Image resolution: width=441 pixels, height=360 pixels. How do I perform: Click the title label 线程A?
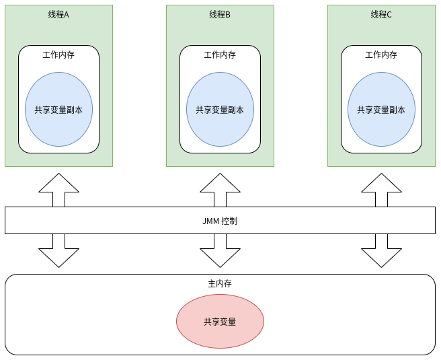[x=58, y=14]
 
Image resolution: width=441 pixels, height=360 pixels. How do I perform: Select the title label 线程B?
[x=220, y=14]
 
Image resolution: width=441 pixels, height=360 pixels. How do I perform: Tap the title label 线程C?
[x=381, y=14]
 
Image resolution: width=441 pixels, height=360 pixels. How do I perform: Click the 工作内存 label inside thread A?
[x=58, y=55]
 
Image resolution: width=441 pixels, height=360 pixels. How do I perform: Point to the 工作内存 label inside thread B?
[x=220, y=55]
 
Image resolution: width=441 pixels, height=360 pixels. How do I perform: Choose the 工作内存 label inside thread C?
[x=381, y=55]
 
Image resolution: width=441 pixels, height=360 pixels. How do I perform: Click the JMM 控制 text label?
[x=220, y=221]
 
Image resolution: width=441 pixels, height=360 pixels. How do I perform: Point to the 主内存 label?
[x=220, y=283]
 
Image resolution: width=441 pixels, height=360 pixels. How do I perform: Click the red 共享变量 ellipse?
[x=220, y=322]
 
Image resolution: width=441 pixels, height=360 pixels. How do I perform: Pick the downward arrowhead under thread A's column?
[x=58, y=257]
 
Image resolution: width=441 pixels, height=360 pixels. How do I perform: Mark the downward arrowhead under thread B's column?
[x=220, y=257]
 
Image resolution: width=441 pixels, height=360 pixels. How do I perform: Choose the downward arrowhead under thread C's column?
[x=381, y=257]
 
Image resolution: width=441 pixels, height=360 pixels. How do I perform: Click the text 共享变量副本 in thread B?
[x=220, y=110]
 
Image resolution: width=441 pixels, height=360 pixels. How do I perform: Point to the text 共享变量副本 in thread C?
[x=381, y=110]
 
